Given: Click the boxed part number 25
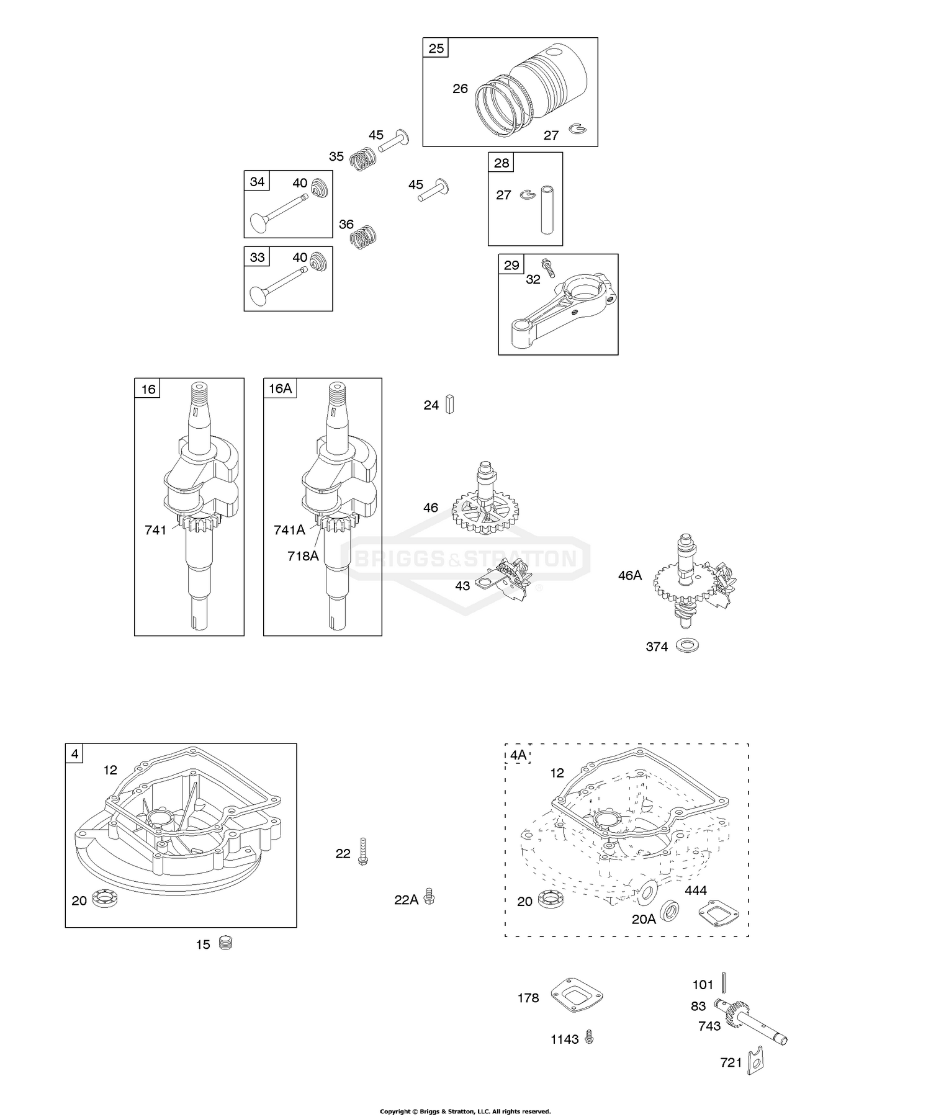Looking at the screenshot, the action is click(x=436, y=48).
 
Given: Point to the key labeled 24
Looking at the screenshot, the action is click(x=451, y=405).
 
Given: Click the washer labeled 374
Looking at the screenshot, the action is click(x=687, y=645).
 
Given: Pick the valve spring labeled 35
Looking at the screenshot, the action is click(x=362, y=159).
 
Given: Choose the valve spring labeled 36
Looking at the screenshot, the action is click(x=364, y=235).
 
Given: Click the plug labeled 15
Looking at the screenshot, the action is click(x=225, y=944).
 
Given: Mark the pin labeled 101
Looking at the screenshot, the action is click(x=723, y=982).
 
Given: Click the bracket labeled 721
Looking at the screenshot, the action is click(x=755, y=1062).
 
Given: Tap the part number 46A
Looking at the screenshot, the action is click(x=630, y=575).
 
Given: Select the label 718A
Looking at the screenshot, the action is click(x=303, y=556).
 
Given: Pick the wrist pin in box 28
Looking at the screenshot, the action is click(x=547, y=210).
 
